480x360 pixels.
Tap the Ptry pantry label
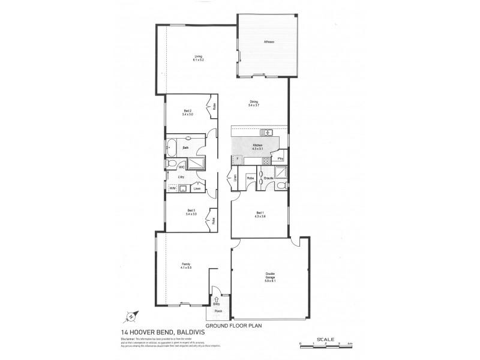280,159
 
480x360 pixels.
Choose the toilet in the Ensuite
282,187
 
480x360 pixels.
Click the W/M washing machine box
173,189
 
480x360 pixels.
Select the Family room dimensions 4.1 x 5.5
185,268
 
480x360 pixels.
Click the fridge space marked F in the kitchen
237,159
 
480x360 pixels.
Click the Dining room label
254,101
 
